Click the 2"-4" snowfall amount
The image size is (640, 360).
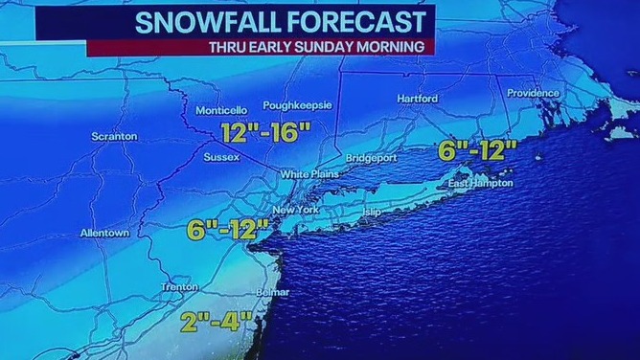coord(213,322)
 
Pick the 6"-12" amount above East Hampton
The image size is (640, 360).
coord(477,149)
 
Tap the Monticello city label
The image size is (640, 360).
coord(221,111)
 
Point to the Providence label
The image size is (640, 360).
coord(533,93)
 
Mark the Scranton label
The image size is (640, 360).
coord(114,137)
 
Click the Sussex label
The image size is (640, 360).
coord(220,158)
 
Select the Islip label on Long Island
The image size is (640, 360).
coord(372,211)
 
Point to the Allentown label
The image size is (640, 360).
coord(104,233)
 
